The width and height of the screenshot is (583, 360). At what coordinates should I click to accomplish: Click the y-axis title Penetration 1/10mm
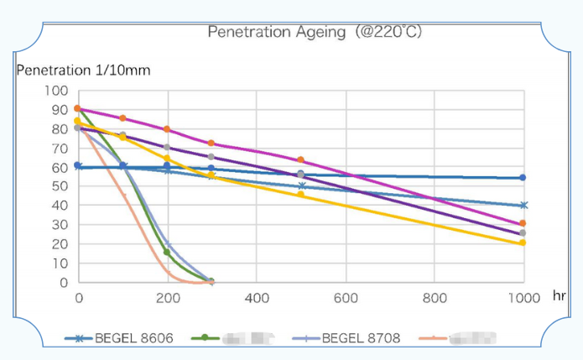coord(83,70)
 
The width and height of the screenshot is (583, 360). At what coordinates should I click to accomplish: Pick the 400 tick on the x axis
coord(257,298)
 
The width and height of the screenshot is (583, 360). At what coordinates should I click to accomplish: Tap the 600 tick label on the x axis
coord(346,298)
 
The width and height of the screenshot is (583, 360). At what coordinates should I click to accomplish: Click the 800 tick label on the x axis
coord(435,298)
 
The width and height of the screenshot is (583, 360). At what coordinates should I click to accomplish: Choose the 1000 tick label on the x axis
coord(523,298)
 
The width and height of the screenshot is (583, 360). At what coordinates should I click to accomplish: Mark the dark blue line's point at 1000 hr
coord(523,178)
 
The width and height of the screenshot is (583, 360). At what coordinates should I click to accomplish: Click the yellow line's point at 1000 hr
coord(523,243)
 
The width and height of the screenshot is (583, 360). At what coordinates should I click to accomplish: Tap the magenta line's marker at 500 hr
coord(300,160)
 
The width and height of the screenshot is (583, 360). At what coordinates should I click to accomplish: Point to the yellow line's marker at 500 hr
coord(300,195)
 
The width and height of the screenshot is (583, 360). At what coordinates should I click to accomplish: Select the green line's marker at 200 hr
coord(167,253)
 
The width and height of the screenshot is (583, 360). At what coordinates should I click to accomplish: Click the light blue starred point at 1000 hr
coord(523,206)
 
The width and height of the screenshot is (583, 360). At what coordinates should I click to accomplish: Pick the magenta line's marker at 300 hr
coord(211,143)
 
